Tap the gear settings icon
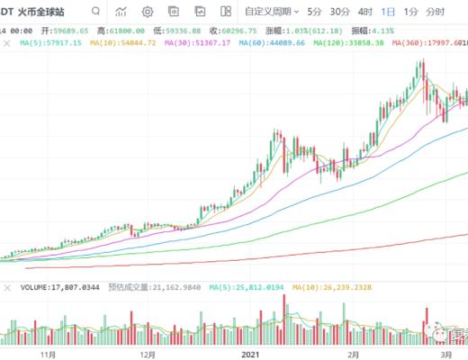click(x=148, y=12)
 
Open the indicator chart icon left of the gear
click(x=121, y=12)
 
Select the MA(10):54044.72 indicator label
click(x=114, y=42)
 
